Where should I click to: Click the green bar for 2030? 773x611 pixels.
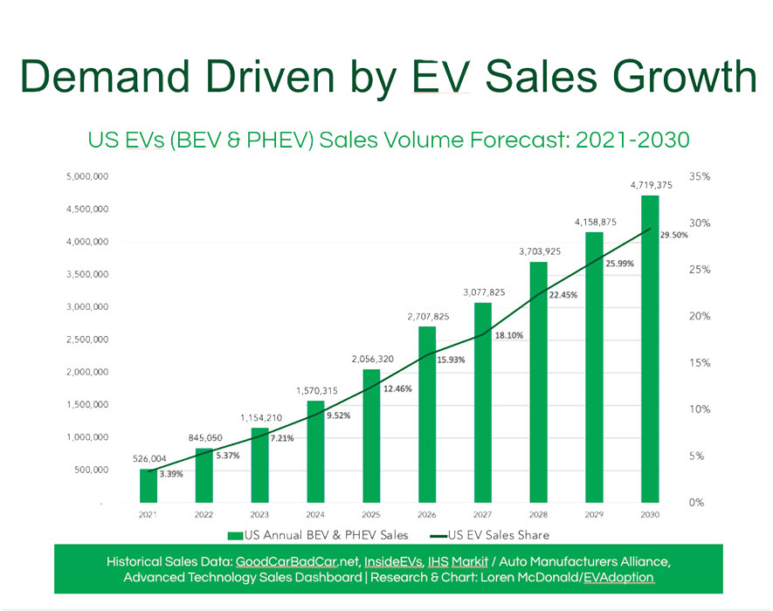click(x=649, y=349)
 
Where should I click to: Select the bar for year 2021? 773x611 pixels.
click(x=148, y=486)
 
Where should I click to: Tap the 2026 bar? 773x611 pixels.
click(x=426, y=415)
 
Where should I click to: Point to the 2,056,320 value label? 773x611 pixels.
click(x=370, y=359)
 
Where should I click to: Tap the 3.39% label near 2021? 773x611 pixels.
click(x=171, y=474)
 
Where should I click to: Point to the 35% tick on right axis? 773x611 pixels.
click(x=700, y=176)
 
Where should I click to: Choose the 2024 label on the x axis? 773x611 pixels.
click(x=315, y=516)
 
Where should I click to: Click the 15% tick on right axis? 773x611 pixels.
click(x=700, y=363)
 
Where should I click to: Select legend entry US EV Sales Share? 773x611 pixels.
click(x=499, y=534)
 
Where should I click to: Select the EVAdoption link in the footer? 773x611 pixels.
click(x=616, y=577)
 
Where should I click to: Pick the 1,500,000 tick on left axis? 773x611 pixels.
click(x=87, y=405)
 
